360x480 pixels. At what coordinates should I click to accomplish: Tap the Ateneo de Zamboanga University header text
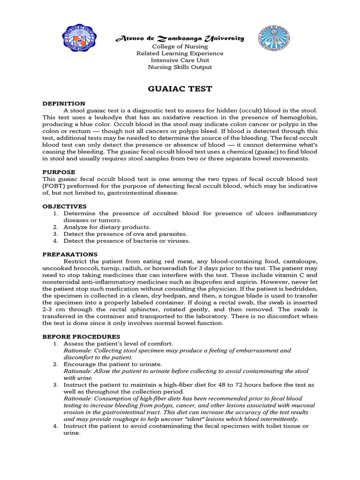tap(180, 38)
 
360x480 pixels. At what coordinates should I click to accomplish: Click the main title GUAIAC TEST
tap(180, 88)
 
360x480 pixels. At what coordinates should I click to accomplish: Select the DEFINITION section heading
tap(64, 104)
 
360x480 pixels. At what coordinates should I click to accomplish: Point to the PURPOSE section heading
tap(59, 172)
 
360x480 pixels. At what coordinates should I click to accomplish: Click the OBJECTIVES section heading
tap(64, 206)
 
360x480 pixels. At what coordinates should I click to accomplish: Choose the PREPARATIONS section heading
tap(70, 254)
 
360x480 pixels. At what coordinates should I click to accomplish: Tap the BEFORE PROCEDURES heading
tap(81, 337)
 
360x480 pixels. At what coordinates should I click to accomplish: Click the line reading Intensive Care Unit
tap(180, 60)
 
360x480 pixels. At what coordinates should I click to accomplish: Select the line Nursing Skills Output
tap(180, 67)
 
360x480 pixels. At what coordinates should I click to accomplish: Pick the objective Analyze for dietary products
tap(100, 227)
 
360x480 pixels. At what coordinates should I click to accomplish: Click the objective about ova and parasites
tap(125, 234)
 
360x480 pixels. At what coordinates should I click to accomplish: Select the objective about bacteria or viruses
tap(127, 241)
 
